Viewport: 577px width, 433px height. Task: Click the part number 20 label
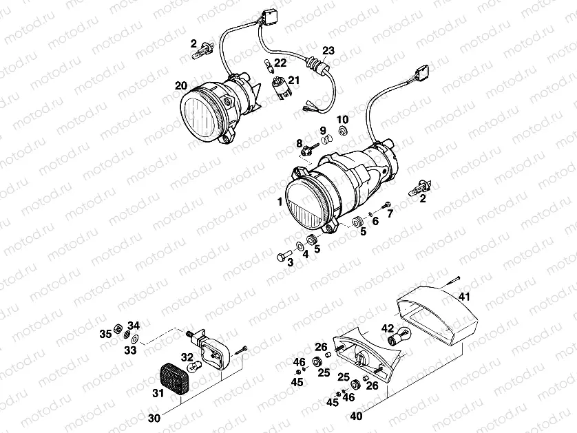click(x=181, y=86)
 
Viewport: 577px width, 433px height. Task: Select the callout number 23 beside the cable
click(x=328, y=50)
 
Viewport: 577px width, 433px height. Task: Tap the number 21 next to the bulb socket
click(x=294, y=81)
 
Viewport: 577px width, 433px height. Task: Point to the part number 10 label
click(x=342, y=118)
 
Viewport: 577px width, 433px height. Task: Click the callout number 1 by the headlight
click(x=280, y=202)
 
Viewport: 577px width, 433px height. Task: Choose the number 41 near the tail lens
click(x=464, y=297)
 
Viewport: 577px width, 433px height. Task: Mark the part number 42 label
click(x=388, y=328)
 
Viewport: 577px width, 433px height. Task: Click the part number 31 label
click(x=158, y=394)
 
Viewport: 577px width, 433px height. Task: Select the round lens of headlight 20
click(x=205, y=114)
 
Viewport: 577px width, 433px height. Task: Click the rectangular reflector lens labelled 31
click(x=177, y=381)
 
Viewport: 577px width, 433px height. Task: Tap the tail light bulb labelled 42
click(x=399, y=337)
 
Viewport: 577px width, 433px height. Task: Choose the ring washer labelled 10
click(x=343, y=130)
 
